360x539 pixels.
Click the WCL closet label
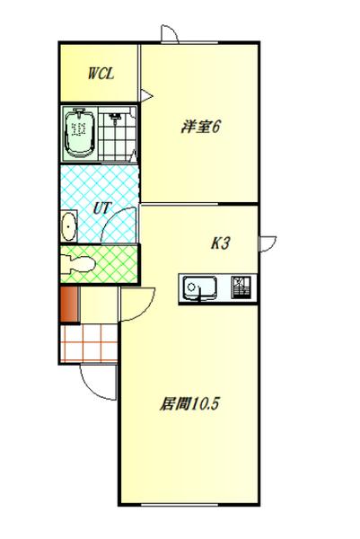tap(99, 75)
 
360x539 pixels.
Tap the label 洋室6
tap(200, 128)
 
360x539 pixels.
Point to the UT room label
tap(101, 208)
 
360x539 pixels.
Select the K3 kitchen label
tap(222, 243)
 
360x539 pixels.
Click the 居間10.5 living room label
tap(190, 403)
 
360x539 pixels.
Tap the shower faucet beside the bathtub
tap(114, 117)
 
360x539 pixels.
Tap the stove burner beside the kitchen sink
tap(242, 287)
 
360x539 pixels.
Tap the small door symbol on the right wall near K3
tap(267, 243)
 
